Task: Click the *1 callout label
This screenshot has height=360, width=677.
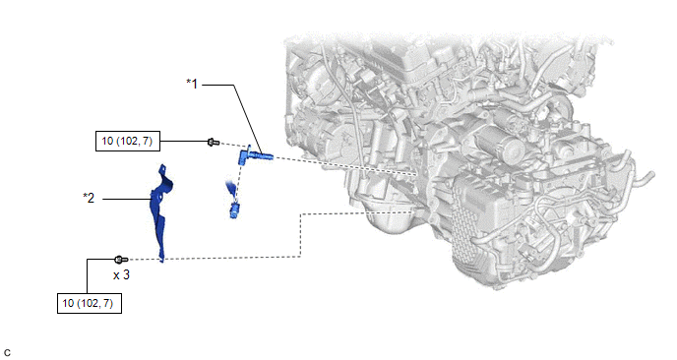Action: tap(192, 84)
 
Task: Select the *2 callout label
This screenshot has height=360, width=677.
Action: tap(89, 198)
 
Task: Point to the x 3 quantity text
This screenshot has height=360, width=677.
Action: tap(121, 275)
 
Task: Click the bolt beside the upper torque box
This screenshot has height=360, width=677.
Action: tap(214, 142)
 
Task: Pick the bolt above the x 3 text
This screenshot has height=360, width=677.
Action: tap(121, 260)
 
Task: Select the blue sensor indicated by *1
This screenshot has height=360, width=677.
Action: tap(255, 154)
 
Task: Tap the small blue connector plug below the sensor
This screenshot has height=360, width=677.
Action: tap(234, 210)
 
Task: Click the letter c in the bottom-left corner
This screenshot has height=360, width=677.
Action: tap(7, 353)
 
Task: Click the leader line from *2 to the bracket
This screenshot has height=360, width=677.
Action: tap(127, 199)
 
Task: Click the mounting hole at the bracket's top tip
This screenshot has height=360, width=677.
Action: tap(162, 166)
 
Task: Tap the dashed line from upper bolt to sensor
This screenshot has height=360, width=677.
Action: tap(233, 145)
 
